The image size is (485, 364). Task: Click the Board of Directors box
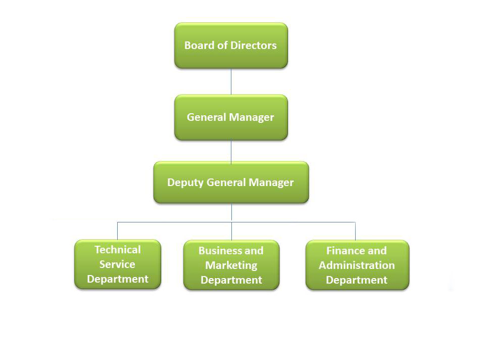point(231,45)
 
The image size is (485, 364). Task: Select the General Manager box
point(231,117)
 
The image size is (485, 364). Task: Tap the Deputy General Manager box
point(231,183)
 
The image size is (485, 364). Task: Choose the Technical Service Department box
point(118,264)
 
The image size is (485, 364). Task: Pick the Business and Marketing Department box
point(231,265)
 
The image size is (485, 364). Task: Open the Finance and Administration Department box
point(357,265)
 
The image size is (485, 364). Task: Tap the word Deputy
point(185,183)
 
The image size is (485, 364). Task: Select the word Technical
point(118,250)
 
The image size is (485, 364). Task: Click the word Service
point(117,264)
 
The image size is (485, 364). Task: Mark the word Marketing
point(231,265)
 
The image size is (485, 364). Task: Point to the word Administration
point(357,265)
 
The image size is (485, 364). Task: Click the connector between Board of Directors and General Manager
point(231,81)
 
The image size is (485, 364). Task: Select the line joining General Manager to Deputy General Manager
point(231,151)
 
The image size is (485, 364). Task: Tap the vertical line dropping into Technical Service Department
point(118,231)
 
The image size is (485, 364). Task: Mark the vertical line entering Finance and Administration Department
point(355,231)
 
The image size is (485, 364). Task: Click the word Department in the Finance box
point(357,280)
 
